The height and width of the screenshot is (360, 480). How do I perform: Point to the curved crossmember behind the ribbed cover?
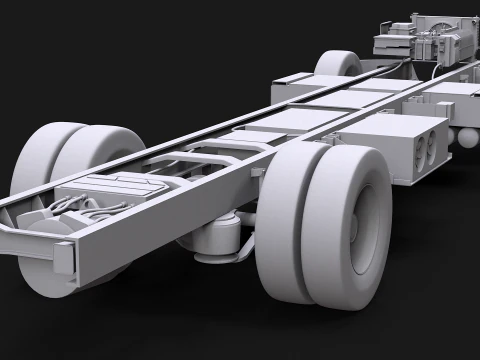click(x=200, y=160)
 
